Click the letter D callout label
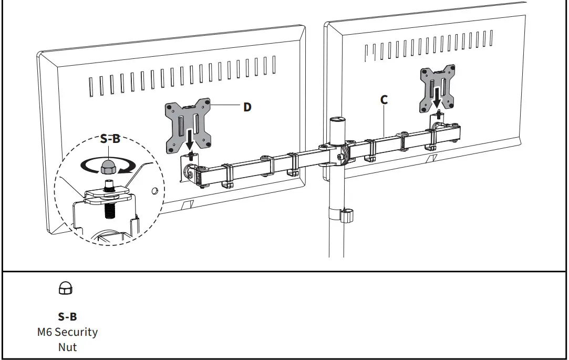[x=247, y=107]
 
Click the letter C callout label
[x=384, y=99]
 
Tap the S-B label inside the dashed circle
[x=110, y=139]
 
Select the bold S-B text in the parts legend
[x=67, y=317]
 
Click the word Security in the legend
[x=76, y=332]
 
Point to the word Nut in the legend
[x=67, y=347]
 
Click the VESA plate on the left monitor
[x=189, y=125]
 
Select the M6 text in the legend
[x=45, y=332]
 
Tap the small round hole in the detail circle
[x=154, y=190]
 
